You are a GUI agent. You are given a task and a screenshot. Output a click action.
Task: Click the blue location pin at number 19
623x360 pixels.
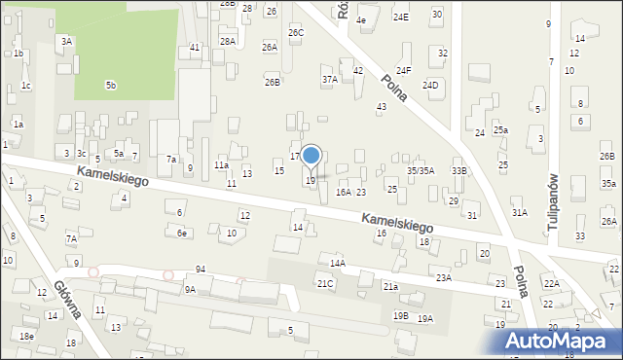tap(311, 156)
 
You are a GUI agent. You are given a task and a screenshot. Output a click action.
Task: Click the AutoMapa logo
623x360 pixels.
tap(563, 341)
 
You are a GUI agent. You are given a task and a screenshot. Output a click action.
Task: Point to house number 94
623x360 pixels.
tap(200, 269)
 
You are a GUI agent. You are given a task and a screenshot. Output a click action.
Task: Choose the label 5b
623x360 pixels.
tap(111, 86)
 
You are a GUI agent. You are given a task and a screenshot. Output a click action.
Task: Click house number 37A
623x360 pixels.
tap(329, 80)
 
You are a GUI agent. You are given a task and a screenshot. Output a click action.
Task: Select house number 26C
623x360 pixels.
tap(296, 33)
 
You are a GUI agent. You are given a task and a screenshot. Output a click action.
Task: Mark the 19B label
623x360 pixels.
tap(400, 315)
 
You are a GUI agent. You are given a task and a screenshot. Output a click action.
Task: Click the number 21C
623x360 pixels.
tap(325, 283)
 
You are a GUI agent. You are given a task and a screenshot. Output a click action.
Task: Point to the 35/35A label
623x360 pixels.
tap(421, 170)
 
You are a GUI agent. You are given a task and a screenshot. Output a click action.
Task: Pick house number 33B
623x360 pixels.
tap(458, 170)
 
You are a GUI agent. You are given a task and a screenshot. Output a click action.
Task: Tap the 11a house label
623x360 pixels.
tap(222, 165)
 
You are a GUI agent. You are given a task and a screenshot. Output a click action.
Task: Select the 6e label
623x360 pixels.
tap(181, 233)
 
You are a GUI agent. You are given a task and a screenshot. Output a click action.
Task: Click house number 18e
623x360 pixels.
tap(26, 336)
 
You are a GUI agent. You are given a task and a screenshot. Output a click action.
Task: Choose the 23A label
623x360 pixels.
tap(444, 277)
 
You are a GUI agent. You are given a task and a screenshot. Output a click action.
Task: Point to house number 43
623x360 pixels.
tap(382, 106)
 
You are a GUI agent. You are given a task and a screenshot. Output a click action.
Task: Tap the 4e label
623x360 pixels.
tap(361, 19)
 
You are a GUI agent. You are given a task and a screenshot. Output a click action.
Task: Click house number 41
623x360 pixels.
tap(195, 47)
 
